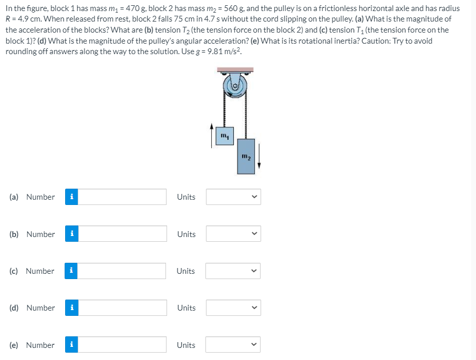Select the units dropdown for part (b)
pos(233,234)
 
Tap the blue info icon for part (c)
pos(71,271)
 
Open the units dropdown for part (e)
pos(233,345)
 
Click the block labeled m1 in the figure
pos(224,137)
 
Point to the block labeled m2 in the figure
pos(245,157)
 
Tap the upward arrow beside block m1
pos(211,135)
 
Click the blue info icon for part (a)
pos(71,197)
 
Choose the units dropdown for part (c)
pos(233,271)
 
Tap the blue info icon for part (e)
pos(71,345)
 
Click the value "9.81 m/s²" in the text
pos(224,52)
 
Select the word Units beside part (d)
pos(186,308)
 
